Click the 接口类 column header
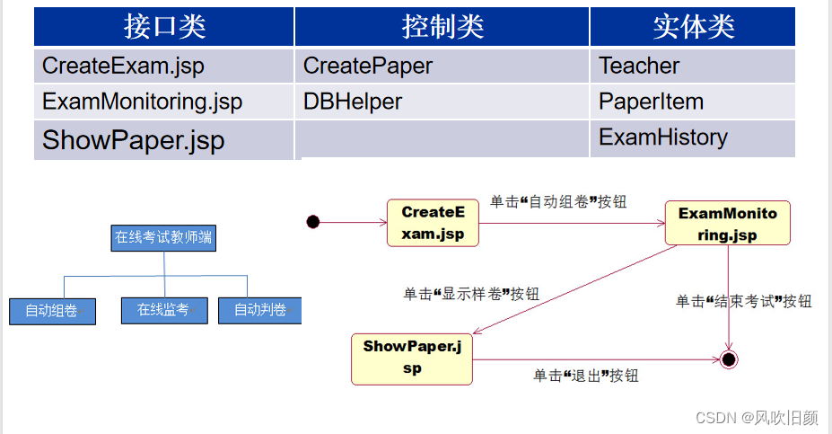click(x=164, y=26)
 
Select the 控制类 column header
click(x=442, y=26)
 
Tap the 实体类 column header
click(x=693, y=26)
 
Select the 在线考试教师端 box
click(x=164, y=238)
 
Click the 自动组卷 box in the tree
click(x=52, y=311)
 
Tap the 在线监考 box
click(x=163, y=310)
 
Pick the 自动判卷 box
click(x=259, y=310)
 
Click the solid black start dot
click(x=312, y=222)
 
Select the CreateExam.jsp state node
click(x=433, y=223)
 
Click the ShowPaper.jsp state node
click(x=412, y=359)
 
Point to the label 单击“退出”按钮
click(x=585, y=376)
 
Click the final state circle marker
click(x=729, y=359)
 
